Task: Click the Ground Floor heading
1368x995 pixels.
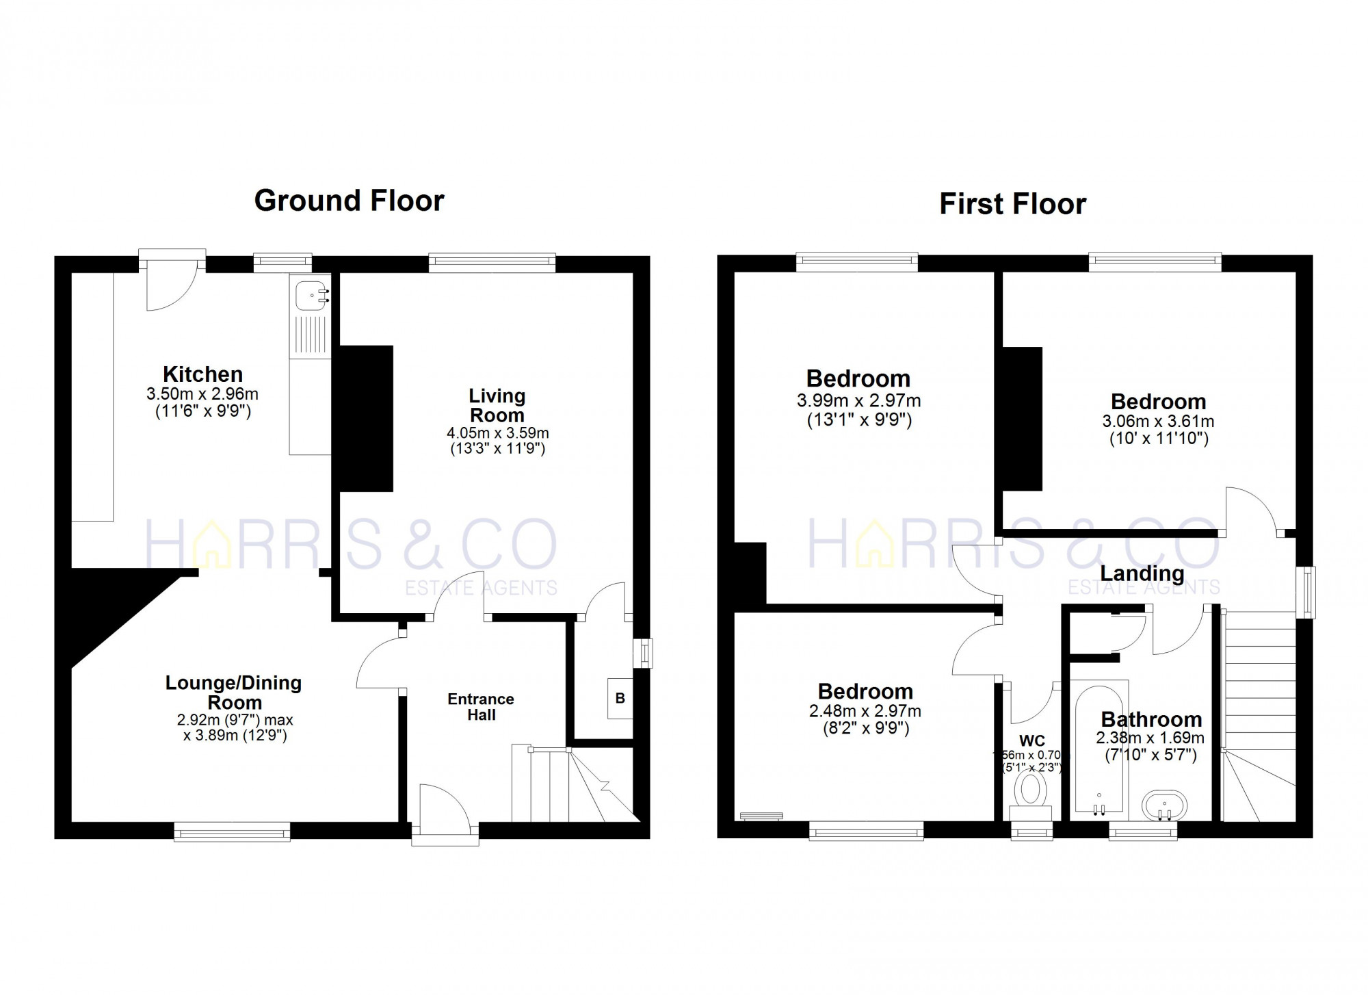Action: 349,201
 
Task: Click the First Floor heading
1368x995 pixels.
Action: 1012,204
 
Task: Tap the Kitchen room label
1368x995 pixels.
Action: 202,374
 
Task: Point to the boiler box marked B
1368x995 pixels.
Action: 620,698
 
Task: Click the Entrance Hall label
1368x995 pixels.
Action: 481,707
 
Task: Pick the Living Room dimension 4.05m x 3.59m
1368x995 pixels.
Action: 497,433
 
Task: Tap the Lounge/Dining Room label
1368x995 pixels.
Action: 234,692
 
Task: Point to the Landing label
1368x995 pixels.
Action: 1142,573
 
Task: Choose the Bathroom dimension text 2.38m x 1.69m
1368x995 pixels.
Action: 1150,738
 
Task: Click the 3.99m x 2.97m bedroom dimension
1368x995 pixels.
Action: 858,401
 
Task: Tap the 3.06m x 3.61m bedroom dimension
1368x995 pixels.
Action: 1158,422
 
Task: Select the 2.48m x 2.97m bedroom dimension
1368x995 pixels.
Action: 865,711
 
